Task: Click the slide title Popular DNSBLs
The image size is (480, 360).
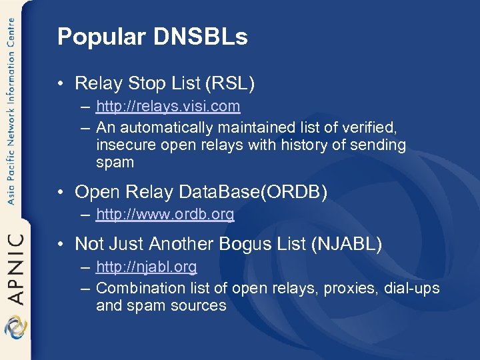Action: [152, 37]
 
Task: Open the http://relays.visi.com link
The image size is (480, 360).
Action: [168, 107]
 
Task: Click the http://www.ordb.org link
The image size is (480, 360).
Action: [165, 215]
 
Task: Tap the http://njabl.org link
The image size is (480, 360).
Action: [146, 267]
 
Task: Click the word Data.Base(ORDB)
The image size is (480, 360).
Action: [254, 192]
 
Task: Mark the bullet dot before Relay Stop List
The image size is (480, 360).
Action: [61, 84]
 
